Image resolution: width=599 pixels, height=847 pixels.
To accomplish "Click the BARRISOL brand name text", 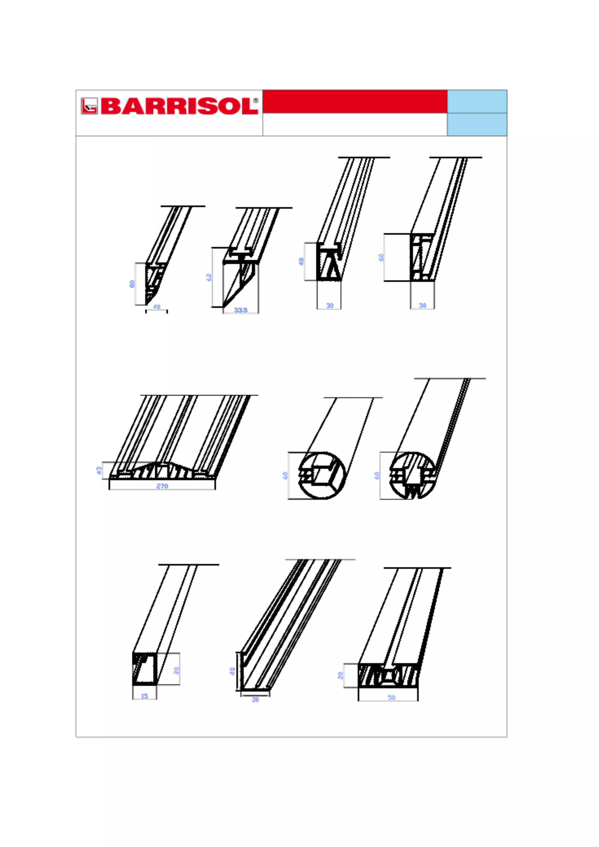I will [179, 106].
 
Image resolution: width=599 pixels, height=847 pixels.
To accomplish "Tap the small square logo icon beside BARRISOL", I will [89, 106].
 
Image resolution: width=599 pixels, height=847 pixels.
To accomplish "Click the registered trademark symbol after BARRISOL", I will [256, 100].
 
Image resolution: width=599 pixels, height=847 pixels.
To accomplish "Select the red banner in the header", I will [354, 101].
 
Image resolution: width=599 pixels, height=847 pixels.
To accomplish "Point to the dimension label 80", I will [132, 284].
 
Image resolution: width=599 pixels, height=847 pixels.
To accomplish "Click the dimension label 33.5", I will [240, 310].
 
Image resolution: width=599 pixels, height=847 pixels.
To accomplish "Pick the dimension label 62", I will [209, 277].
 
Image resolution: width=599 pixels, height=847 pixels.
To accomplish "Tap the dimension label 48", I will [301, 261].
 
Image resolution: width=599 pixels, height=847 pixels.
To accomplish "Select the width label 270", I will [162, 486].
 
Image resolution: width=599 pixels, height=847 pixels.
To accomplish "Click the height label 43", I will [99, 470].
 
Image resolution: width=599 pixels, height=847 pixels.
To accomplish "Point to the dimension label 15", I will [144, 696].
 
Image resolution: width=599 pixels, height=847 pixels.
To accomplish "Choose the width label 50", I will [391, 698].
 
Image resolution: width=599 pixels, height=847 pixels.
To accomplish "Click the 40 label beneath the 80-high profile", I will [156, 307].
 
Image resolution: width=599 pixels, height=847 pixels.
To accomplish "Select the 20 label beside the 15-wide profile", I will [176, 670].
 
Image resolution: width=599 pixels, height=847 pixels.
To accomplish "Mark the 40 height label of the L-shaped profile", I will [232, 671].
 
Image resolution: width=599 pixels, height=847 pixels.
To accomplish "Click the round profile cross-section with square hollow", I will [322, 476].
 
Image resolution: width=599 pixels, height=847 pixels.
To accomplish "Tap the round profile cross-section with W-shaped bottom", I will [412, 476].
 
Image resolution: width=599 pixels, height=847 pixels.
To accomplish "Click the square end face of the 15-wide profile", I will [144, 669].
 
